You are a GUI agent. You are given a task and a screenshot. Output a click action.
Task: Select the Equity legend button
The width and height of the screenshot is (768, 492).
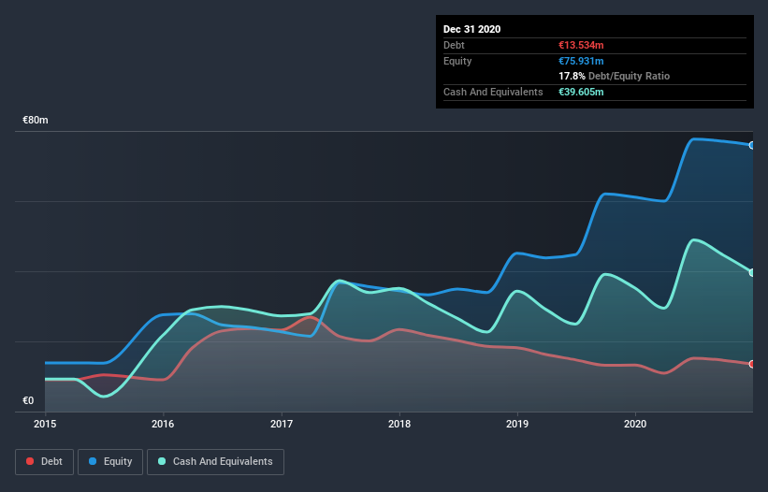click(111, 461)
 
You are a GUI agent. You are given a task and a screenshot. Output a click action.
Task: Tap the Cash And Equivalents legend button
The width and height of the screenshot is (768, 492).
click(215, 461)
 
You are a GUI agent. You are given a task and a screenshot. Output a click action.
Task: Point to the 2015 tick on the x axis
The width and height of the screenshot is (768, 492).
click(45, 424)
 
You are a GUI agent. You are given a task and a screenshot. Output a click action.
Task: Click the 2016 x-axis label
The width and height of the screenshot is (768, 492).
click(163, 424)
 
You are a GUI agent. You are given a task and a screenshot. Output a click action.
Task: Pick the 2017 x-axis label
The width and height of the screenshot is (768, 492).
click(281, 424)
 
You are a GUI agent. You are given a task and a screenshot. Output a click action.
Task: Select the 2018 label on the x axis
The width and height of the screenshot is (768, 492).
click(399, 424)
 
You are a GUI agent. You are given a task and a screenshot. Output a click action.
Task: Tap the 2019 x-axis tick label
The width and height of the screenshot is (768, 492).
click(517, 424)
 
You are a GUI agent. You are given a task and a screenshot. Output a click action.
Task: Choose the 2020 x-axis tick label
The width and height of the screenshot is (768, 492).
click(636, 424)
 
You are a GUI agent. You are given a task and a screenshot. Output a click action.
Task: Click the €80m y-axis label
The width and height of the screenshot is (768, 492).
click(36, 121)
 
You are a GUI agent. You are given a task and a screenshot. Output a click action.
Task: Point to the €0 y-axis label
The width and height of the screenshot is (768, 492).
click(28, 401)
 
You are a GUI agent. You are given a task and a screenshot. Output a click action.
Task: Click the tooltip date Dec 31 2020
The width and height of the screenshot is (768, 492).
click(472, 29)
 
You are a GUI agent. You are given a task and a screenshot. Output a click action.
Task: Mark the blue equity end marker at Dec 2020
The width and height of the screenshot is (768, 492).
click(751, 145)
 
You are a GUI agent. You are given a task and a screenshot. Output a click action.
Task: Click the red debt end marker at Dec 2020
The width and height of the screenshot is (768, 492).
click(751, 364)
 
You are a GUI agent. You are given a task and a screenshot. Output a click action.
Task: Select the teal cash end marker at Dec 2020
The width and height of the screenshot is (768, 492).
click(751, 272)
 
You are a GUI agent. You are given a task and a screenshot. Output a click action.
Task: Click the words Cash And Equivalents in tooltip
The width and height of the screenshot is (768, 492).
click(493, 92)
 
